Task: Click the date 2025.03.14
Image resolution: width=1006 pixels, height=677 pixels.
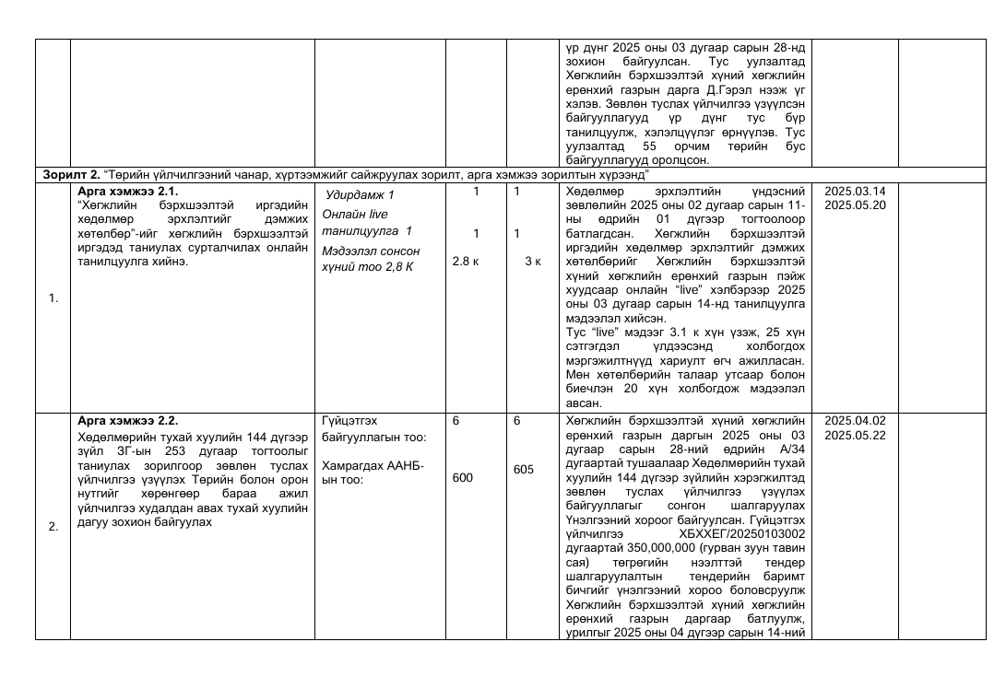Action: click(855, 192)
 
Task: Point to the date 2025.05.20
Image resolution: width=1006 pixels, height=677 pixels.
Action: click(855, 204)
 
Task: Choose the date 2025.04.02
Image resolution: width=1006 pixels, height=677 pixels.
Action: click(855, 420)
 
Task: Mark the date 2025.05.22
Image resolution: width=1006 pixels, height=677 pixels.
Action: click(855, 434)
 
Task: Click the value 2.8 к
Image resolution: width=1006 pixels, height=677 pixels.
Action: click(466, 262)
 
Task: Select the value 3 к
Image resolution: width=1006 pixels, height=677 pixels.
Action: click(532, 262)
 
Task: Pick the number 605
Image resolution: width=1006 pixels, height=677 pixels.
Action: click(524, 470)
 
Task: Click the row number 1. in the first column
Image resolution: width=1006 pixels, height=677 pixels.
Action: click(53, 298)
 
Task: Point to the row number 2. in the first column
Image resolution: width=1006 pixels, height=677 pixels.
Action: click(53, 527)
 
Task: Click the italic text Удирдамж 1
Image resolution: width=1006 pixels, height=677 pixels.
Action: click(360, 195)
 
